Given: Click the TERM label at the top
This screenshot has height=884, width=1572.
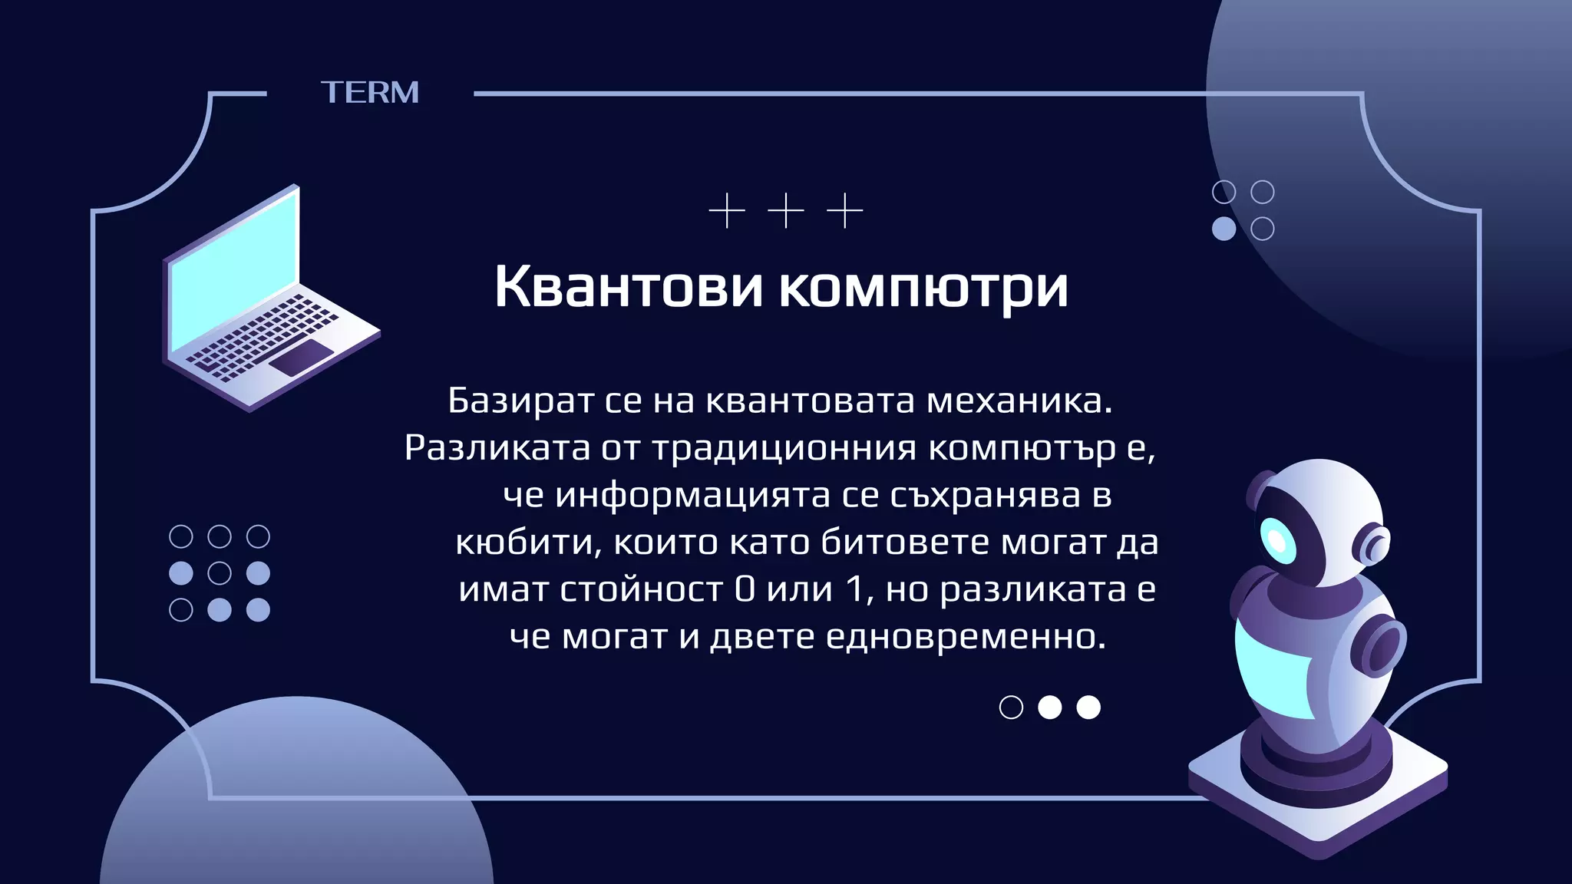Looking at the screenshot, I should pos(370,93).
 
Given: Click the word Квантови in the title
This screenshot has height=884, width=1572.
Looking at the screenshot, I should pos(628,287).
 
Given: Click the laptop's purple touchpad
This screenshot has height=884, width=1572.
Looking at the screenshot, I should pos(301,358).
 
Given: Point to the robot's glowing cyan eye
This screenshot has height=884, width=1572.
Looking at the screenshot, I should pos(1277,541).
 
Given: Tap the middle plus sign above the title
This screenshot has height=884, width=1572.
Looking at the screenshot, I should pos(786,210).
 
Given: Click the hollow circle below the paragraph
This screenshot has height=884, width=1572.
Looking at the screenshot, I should pos(1011,708).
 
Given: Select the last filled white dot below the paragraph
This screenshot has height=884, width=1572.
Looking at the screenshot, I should pos(1088,708).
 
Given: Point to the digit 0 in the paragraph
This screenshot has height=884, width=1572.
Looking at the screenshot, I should pos(745,590).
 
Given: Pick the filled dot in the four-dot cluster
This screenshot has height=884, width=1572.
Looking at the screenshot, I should pos(1224,229).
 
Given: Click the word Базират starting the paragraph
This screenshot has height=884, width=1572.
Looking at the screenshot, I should pos(521,401).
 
